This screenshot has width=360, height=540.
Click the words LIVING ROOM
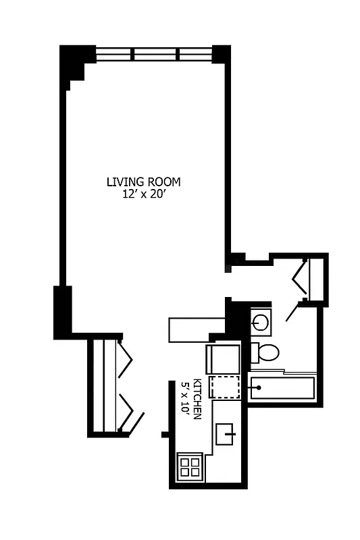pyautogui.click(x=143, y=182)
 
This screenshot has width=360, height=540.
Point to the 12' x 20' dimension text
pyautogui.click(x=143, y=194)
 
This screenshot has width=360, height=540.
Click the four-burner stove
pyautogui.click(x=190, y=466)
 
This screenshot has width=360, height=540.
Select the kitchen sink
pyautogui.click(x=226, y=433)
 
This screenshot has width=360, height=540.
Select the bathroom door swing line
pyautogui.click(x=293, y=311)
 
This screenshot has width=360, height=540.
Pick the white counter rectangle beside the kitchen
pyautogui.click(x=196, y=329)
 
